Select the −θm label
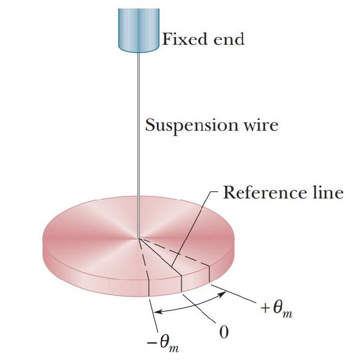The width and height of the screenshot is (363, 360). (x=163, y=343)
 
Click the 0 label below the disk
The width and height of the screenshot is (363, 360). (x=223, y=333)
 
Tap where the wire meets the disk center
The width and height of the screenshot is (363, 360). (x=139, y=238)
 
